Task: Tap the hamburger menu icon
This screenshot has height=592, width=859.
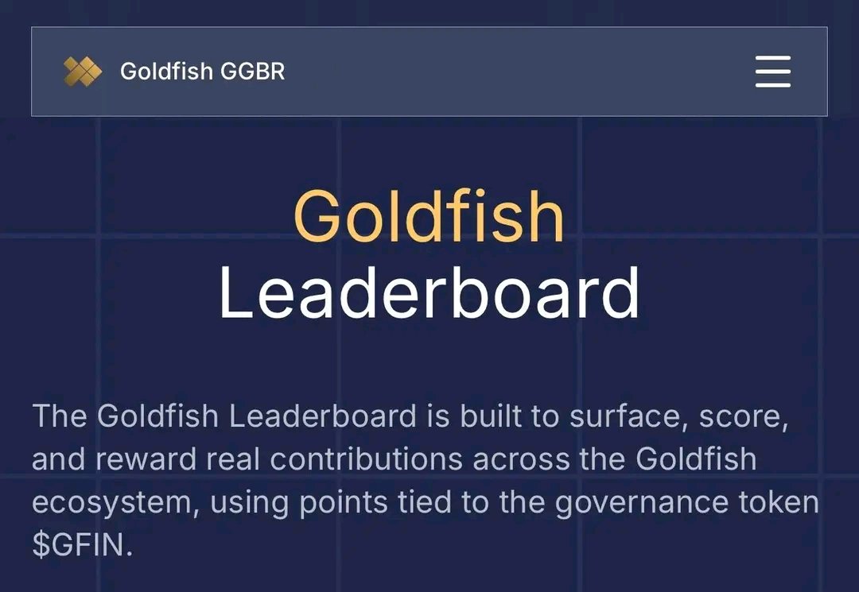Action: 772,72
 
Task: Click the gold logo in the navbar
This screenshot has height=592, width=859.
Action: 83,72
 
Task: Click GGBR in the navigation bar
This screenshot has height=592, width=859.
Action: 252,72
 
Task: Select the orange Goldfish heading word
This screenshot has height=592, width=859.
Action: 429,216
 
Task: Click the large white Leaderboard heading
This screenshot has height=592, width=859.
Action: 429,292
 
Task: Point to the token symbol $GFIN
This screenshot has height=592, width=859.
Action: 79,545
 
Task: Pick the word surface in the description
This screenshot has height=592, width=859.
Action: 625,416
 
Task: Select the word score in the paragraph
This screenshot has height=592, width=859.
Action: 737,416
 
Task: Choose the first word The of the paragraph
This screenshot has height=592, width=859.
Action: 60,416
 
